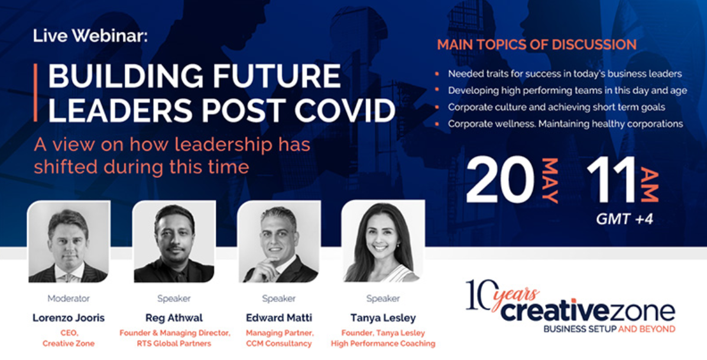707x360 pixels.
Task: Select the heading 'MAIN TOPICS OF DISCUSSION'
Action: [x=537, y=45]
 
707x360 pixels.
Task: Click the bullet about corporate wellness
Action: [x=565, y=124]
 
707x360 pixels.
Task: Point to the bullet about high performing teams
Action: [x=567, y=90]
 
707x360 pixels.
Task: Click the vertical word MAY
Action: [x=550, y=180]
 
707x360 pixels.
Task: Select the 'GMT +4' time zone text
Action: [x=624, y=219]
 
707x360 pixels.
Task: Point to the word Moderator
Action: [x=69, y=299]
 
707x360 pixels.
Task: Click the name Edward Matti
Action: [x=278, y=318]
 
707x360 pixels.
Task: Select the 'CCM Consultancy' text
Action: [x=278, y=344]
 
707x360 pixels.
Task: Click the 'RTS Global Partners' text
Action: [x=174, y=344]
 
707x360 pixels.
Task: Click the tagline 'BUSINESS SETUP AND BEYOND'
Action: [x=609, y=329]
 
